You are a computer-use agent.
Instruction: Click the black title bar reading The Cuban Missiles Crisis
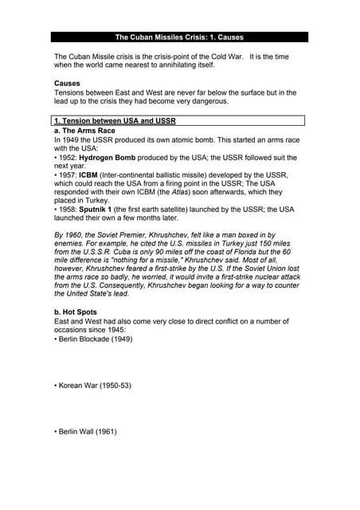[x=179, y=37]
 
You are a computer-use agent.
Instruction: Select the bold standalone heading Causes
[x=67, y=84]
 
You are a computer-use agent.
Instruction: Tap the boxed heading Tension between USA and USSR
[x=114, y=120]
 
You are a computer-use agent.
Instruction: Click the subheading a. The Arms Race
[x=84, y=130]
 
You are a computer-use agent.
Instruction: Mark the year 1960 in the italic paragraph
[x=76, y=235]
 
